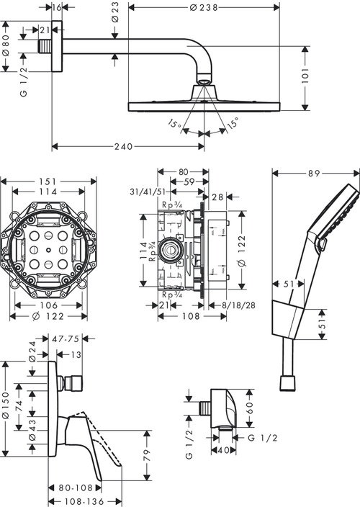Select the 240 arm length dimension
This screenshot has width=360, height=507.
124,147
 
